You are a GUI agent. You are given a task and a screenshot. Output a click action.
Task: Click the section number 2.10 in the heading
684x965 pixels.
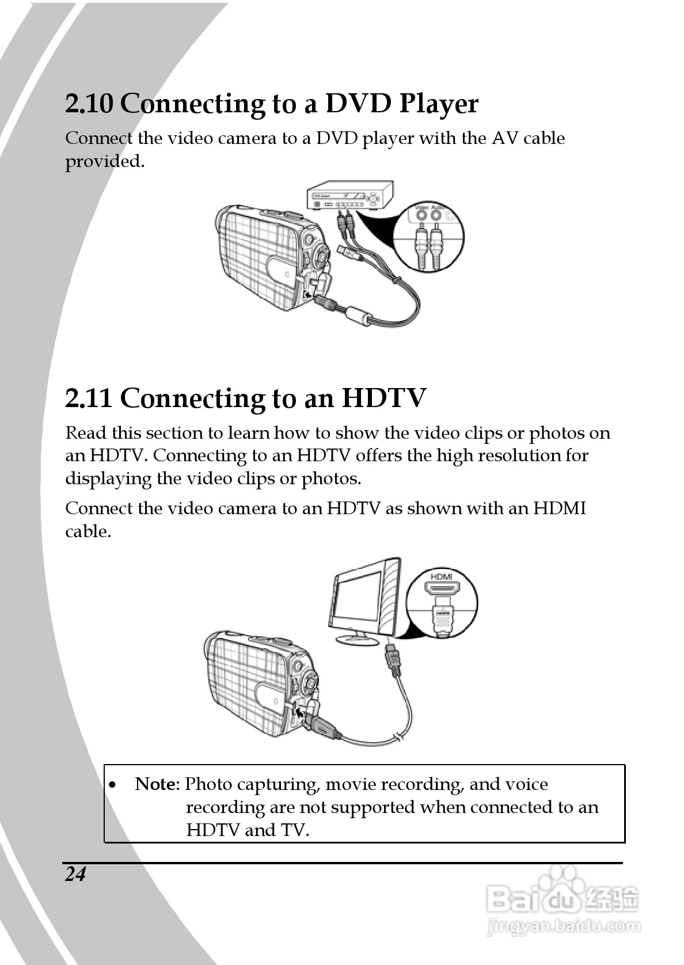click(x=89, y=104)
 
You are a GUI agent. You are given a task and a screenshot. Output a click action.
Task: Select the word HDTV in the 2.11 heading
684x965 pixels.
click(x=384, y=398)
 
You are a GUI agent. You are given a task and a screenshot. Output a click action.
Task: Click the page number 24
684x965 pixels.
click(x=75, y=874)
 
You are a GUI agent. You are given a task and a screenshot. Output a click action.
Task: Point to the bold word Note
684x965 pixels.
click(x=157, y=784)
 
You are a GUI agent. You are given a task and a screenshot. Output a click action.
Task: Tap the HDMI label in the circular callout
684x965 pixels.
click(x=442, y=577)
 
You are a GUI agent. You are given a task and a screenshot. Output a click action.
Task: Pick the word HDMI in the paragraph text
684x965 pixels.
click(x=560, y=508)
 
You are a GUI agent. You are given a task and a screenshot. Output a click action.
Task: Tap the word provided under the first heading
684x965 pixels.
click(x=104, y=162)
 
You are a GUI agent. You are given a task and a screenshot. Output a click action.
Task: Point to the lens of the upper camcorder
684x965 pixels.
click(x=322, y=253)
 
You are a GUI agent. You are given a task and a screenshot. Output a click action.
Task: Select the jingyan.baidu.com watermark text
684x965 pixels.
click(x=563, y=926)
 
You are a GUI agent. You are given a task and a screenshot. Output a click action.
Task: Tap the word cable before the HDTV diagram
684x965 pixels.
click(x=87, y=531)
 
